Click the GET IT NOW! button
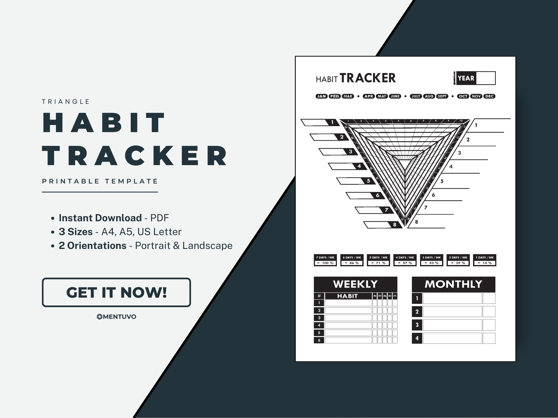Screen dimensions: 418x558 click(116, 292)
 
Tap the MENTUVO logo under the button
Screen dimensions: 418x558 click(116, 317)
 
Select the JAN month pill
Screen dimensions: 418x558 click(321, 96)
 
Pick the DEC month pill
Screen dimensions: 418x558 click(489, 96)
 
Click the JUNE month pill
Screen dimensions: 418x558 click(395, 96)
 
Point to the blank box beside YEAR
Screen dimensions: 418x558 click(486, 78)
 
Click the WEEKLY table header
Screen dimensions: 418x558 click(355, 284)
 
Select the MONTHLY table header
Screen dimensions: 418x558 click(453, 284)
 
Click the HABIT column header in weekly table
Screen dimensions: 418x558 click(348, 296)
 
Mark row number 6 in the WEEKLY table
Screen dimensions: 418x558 click(319, 340)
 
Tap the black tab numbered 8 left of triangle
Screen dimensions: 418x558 click(395, 225)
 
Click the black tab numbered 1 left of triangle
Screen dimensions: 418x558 click(332, 122)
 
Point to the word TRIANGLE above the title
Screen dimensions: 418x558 click(66, 102)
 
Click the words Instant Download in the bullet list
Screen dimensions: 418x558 click(100, 218)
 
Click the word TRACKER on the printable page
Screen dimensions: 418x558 click(367, 78)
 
